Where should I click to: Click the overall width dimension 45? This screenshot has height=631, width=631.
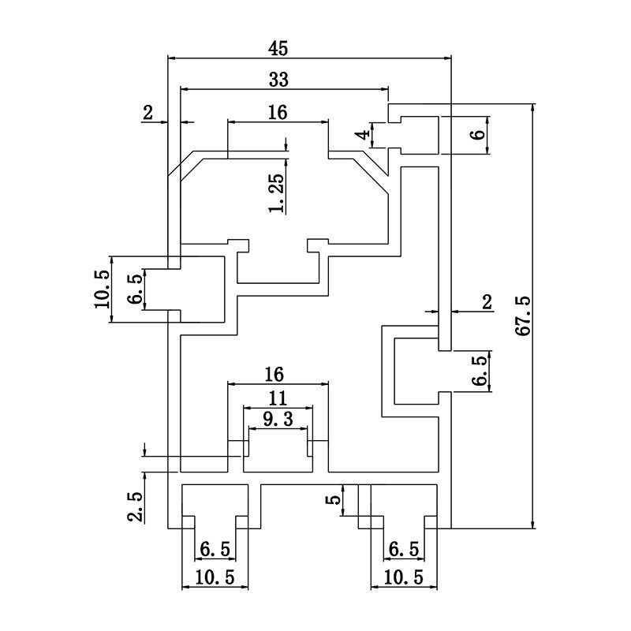278,48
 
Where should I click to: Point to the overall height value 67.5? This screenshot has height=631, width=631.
523,315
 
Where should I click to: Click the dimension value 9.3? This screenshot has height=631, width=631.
278,420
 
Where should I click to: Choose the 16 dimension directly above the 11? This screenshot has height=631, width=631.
274,373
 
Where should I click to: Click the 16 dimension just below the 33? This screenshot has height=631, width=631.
277,113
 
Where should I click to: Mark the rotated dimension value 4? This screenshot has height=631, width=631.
362,135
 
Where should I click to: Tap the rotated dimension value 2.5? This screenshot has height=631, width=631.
135,506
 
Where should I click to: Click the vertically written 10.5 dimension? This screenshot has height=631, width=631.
101,288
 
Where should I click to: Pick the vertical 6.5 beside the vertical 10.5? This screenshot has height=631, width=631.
134,289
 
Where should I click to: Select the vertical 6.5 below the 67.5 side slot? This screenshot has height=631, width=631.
479,370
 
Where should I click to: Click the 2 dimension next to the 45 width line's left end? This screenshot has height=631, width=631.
147,113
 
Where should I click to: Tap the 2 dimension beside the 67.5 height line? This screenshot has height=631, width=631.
487,301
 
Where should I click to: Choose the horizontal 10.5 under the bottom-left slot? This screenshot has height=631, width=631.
215,577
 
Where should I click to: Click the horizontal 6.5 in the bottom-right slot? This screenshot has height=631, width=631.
401,548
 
